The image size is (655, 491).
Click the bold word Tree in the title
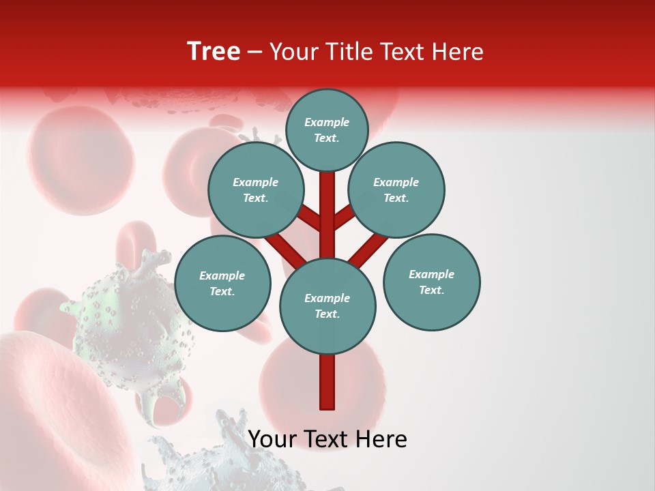click(214, 52)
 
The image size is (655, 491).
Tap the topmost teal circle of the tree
click(327, 130)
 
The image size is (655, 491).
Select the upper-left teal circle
click(255, 190)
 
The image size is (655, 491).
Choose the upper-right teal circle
click(396, 190)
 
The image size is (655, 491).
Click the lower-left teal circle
click(222, 283)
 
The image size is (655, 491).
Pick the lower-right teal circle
click(431, 281)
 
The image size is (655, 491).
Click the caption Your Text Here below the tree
click(327, 439)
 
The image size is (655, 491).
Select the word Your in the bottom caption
click(272, 439)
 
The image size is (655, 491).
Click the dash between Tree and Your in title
click(254, 52)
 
